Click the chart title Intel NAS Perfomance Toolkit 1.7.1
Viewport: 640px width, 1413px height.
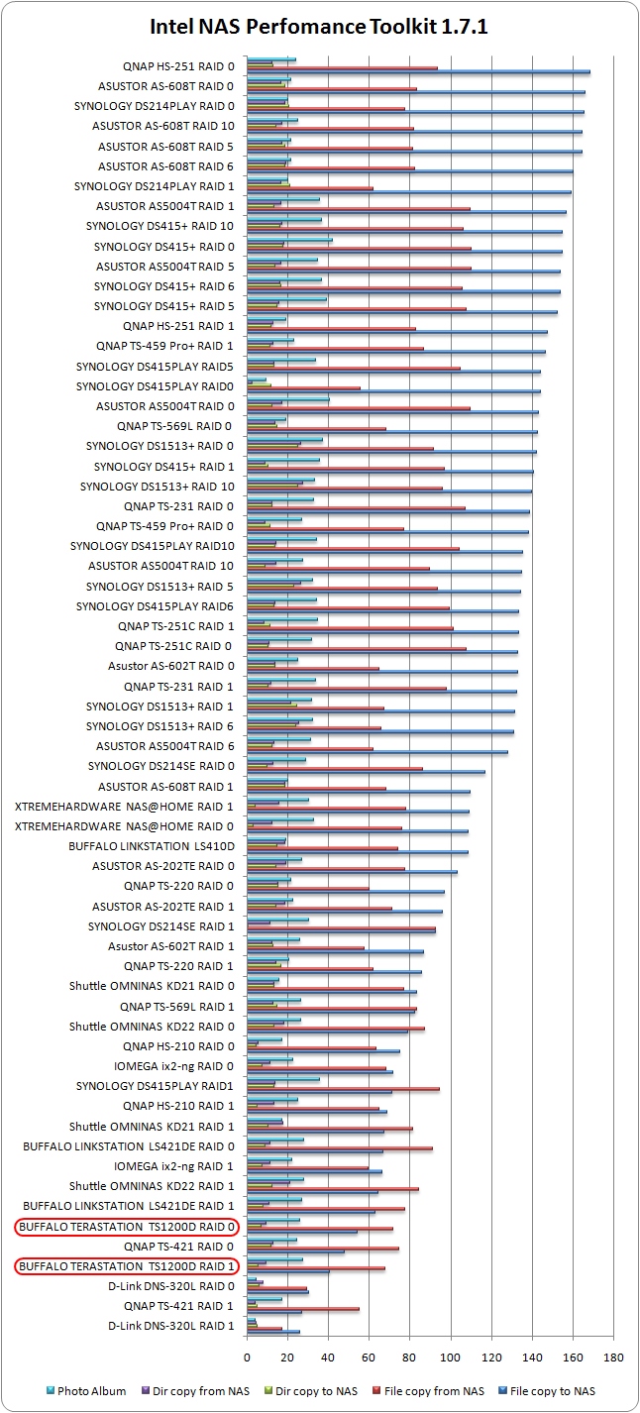319,27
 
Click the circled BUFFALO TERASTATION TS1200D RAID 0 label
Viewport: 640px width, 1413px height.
127,1226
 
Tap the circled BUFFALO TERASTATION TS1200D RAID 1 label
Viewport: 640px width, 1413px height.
127,1265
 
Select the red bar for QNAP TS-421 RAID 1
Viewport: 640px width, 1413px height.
303,1309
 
